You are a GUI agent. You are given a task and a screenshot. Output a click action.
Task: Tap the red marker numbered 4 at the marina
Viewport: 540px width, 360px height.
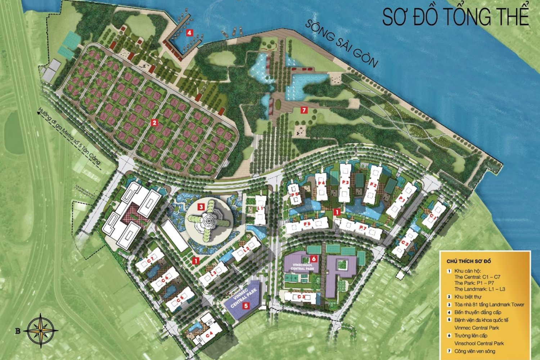189,33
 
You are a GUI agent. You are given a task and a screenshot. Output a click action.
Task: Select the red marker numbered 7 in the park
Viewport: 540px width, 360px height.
304,110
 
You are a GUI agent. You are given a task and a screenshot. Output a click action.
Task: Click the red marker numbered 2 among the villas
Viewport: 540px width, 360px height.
154,123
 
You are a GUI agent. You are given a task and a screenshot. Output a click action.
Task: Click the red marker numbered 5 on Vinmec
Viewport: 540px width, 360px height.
246,306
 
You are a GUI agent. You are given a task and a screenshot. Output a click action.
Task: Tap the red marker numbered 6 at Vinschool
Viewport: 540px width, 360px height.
314,258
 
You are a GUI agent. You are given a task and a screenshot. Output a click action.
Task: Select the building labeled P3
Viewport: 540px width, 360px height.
345,183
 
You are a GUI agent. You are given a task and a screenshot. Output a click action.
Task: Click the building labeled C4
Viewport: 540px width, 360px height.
209,334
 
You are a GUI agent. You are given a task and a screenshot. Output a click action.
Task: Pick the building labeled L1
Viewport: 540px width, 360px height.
260,208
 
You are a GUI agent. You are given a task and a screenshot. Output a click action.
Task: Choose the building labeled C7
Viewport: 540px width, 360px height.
150,260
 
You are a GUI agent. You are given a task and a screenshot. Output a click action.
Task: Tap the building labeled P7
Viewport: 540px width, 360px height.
363,228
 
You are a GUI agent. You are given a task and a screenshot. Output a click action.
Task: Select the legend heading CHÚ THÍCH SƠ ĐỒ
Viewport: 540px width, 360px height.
469,261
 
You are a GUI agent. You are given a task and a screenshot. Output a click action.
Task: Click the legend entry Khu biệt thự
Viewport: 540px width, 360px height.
468,297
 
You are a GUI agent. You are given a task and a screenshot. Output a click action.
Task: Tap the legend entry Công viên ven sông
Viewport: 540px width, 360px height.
474,351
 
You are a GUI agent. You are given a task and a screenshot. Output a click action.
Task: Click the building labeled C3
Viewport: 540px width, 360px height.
301,297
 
